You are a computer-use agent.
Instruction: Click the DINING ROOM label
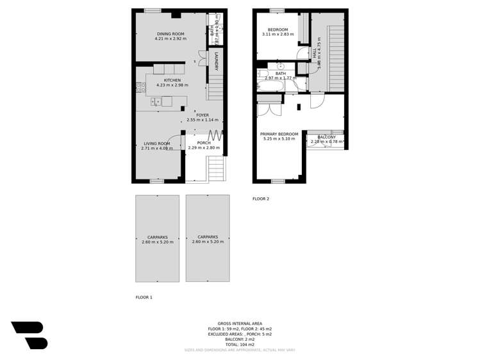point(170,33)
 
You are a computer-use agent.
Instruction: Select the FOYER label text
point(203,115)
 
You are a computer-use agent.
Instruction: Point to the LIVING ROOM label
point(157,143)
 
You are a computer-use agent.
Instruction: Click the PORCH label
point(204,143)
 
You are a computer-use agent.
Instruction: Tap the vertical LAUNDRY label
point(217,61)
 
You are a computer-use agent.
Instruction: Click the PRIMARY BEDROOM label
point(279,133)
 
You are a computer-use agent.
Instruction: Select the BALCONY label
point(326,137)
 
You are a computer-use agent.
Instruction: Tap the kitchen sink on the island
point(156,101)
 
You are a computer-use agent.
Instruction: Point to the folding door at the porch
point(216,135)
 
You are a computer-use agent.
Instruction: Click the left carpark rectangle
point(157,238)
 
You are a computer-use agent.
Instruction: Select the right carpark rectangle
point(208,238)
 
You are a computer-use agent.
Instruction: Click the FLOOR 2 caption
point(261,199)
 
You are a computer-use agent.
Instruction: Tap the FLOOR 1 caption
point(144,297)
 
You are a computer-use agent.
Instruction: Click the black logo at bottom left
point(29,335)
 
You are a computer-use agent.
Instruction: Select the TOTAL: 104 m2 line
point(240,344)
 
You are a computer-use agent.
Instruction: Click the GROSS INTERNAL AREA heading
point(240,323)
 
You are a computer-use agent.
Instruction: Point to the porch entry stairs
point(217,169)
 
